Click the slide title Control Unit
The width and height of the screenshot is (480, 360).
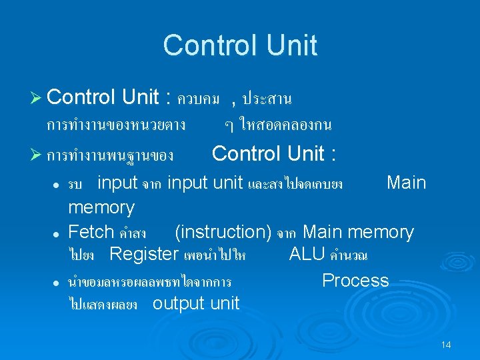click(x=240, y=45)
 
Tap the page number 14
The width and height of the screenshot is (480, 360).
click(x=446, y=345)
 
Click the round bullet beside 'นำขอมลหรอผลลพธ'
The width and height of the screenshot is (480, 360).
click(x=59, y=283)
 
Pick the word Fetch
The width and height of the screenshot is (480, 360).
click(x=91, y=232)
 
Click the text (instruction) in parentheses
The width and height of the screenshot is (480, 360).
click(x=223, y=232)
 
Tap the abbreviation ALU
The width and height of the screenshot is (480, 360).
click(x=307, y=254)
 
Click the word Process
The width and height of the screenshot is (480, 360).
click(x=355, y=280)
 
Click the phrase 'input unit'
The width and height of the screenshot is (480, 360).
click(x=205, y=183)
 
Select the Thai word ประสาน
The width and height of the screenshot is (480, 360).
click(x=267, y=99)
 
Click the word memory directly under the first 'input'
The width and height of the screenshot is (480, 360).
click(x=101, y=207)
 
